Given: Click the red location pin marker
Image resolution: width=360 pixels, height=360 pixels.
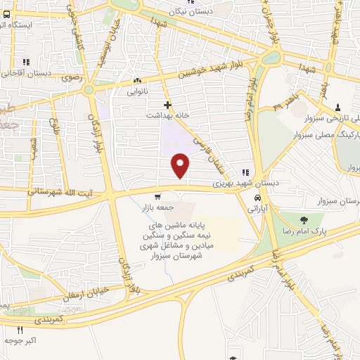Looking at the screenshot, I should (x=181, y=165).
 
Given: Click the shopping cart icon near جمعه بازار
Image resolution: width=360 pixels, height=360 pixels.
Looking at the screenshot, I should (x=157, y=197).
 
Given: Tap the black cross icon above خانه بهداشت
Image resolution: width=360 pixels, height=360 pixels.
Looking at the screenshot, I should (x=167, y=103).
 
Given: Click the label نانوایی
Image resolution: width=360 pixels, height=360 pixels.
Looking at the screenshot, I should (x=137, y=91).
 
